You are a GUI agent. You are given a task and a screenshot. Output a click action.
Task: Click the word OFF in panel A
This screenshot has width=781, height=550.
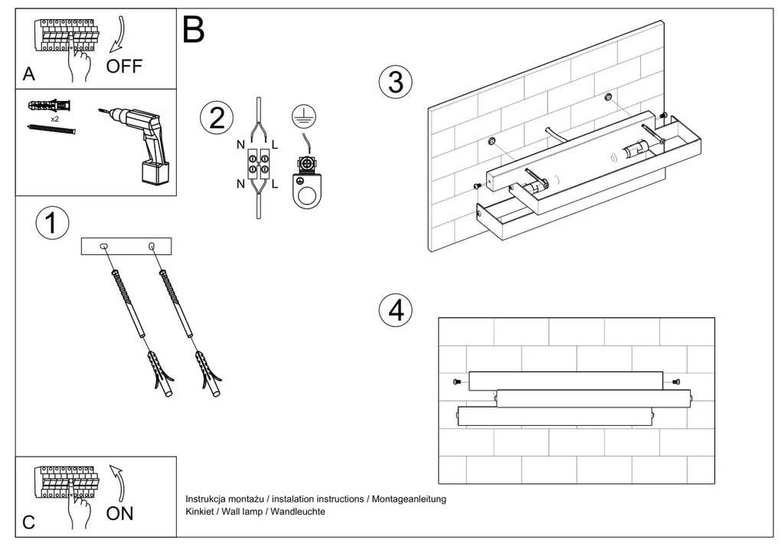(124, 67)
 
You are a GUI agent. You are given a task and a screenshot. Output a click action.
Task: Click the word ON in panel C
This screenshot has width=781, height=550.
(120, 513)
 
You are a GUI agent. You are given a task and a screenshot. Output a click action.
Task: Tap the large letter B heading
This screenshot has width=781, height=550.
(194, 30)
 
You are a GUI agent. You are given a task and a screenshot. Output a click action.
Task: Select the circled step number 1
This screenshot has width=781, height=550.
(52, 223)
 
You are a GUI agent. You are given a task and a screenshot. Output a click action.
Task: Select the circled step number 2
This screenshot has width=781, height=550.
(216, 118)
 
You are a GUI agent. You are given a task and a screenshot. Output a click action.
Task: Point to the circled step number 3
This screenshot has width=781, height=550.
(396, 82)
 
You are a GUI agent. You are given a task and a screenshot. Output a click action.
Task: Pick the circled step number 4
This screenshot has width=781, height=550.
(396, 309)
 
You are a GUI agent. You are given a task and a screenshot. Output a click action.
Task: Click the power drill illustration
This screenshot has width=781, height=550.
(142, 142)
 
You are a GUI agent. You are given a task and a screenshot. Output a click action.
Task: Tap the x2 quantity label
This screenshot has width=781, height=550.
(55, 119)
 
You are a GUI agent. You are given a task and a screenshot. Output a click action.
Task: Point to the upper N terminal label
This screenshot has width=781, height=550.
(240, 144)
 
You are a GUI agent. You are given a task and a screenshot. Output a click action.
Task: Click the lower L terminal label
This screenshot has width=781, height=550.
(275, 183)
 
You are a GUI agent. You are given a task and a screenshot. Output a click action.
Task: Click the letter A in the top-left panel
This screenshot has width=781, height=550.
(29, 74)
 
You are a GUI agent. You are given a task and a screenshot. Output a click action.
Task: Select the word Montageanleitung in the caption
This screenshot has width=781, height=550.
(409, 499)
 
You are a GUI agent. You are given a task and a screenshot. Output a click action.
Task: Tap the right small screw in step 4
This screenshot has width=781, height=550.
(675, 381)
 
